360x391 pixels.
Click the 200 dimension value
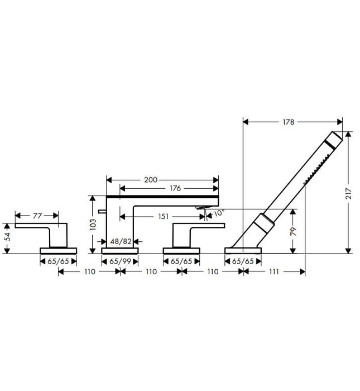(x=150, y=180)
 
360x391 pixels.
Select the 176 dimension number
(x=175, y=188)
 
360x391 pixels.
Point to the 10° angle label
(x=218, y=213)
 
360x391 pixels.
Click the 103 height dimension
(x=93, y=223)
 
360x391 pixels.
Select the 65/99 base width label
(x=119, y=260)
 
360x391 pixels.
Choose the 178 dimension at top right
(x=288, y=122)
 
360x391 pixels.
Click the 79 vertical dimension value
(x=293, y=231)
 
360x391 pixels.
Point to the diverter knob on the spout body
(x=100, y=211)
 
